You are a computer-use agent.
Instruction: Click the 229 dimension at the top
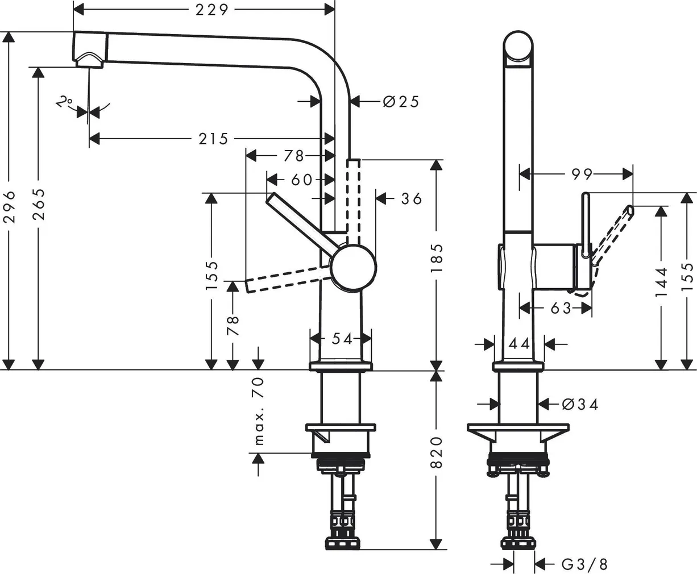[x=211, y=10]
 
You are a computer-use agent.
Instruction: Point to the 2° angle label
[x=64, y=102]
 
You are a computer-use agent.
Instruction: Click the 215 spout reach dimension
[x=213, y=138]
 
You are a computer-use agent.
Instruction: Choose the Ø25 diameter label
[x=401, y=102]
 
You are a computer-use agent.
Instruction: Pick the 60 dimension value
[x=301, y=180]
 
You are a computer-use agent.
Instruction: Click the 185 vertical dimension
[x=436, y=259]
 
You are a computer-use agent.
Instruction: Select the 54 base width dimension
[x=342, y=339]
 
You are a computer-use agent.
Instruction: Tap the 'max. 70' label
[x=259, y=410]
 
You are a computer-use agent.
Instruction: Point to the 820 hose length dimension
[x=436, y=452]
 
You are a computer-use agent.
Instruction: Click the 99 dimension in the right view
[x=582, y=174]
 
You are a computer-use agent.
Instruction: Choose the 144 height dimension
[x=661, y=283]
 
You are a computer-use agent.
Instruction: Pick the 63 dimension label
[x=561, y=308]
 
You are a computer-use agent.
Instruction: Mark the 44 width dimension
[x=519, y=343]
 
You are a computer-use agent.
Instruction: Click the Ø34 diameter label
[x=580, y=404]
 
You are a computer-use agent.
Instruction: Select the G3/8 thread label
[x=584, y=564]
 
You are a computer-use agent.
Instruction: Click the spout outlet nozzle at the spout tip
[x=90, y=60]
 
